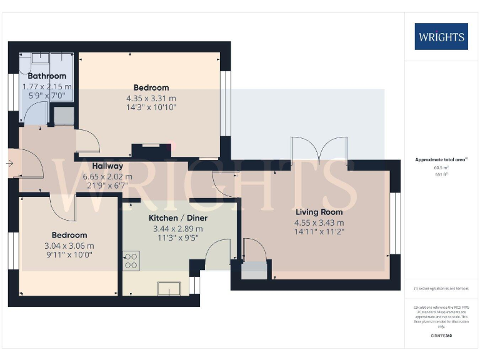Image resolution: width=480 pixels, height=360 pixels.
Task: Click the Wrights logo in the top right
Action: [x=441, y=36]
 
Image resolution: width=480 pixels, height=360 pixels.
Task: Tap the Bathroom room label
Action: [x=42, y=76]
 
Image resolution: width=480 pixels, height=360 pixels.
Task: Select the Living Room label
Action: [x=319, y=212]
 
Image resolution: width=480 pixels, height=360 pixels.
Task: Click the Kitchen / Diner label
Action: [x=177, y=218]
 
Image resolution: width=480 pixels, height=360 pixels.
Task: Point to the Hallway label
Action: [x=107, y=166]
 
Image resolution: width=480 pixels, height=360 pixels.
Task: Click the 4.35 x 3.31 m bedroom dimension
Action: [x=151, y=98]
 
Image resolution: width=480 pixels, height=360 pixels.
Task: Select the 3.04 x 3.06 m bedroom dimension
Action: [x=69, y=246]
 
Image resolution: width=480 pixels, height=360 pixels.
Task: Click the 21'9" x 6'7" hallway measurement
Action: [x=107, y=186]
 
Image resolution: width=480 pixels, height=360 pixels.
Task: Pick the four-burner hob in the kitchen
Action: [x=131, y=260]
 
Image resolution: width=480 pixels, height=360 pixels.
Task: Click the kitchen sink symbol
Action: [x=169, y=288]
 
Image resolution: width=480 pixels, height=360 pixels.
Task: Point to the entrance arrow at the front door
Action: [x=11, y=164]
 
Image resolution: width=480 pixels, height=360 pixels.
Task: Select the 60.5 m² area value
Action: [x=441, y=168]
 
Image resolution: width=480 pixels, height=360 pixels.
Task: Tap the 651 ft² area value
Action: [x=441, y=174]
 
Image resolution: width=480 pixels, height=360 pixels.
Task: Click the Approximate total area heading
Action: [x=441, y=160]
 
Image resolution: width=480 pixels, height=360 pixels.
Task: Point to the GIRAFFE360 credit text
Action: [x=441, y=336]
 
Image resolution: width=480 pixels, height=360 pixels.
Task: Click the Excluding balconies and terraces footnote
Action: [x=441, y=289]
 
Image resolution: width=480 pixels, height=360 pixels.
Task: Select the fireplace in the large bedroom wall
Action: [x=151, y=150]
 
